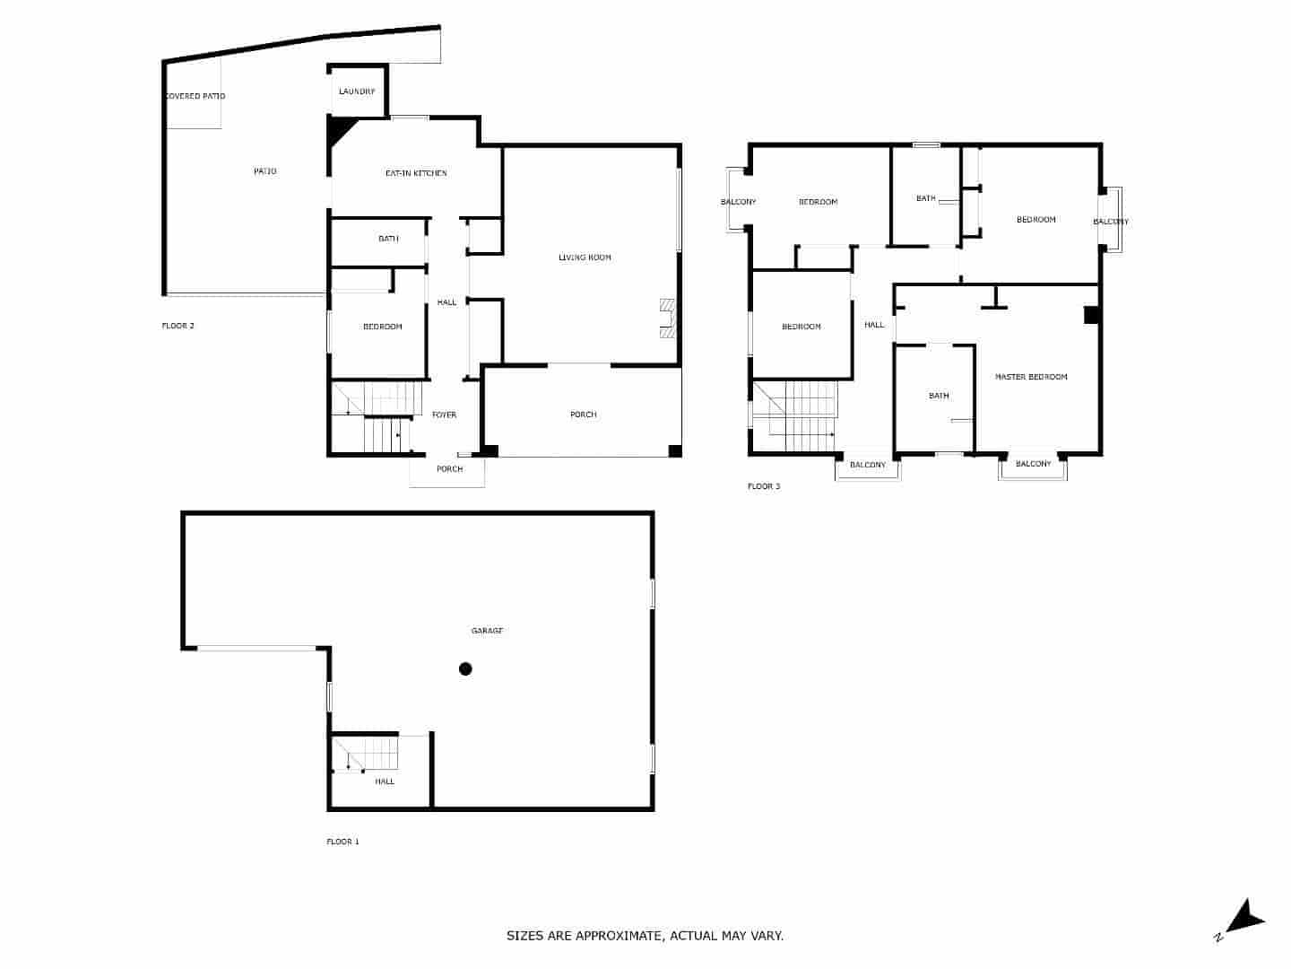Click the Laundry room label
357,92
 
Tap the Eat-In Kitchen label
416,173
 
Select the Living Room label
585,258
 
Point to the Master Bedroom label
1031,377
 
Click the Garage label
487,631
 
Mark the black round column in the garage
465,668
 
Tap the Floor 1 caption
342,842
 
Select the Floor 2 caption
178,326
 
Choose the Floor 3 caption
764,486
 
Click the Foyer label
444,415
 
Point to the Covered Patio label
195,96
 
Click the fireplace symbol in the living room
666,319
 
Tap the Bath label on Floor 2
388,239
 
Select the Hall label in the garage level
385,781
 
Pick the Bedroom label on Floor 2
382,327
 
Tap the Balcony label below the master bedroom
1033,464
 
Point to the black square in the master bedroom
1091,315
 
